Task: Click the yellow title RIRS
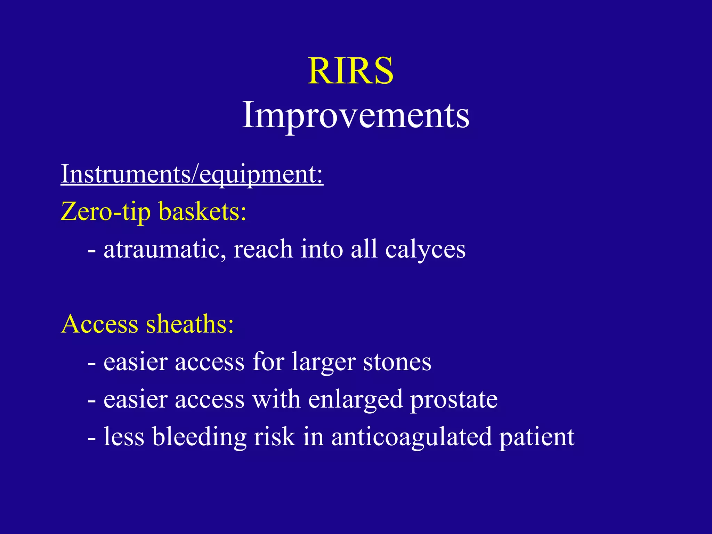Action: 350,71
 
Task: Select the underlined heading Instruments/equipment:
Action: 192,174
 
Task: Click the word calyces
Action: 425,250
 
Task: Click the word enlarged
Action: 355,400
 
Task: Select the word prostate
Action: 454,400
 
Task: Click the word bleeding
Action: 199,437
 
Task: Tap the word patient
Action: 537,437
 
